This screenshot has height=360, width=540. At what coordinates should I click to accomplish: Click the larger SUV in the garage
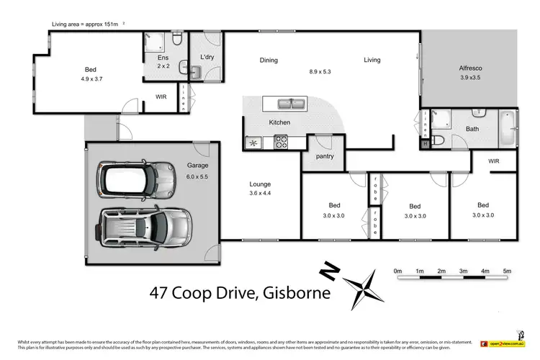pyautogui.click(x=146, y=228)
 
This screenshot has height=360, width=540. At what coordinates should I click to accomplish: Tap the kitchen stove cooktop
pyautogui.click(x=280, y=143)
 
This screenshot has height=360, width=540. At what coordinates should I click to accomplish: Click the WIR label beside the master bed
pyautogui.click(x=161, y=96)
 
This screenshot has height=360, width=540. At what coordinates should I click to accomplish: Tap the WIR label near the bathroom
pyautogui.click(x=494, y=162)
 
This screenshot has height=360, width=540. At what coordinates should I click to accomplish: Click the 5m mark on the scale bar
pyautogui.click(x=507, y=271)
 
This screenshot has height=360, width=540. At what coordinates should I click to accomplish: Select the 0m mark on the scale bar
pyautogui.click(x=397, y=271)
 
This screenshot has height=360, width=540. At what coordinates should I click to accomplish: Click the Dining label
pyautogui.click(x=269, y=60)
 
